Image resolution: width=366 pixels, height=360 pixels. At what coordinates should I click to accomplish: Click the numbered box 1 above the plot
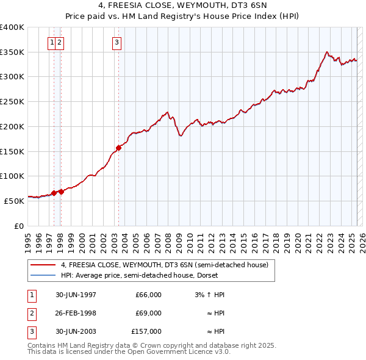(x=52, y=42)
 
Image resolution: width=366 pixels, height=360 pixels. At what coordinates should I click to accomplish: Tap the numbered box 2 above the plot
(x=60, y=42)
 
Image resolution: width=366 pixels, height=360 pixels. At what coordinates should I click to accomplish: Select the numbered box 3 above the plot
(x=116, y=42)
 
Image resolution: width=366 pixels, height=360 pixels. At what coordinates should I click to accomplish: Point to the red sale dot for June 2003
(x=118, y=147)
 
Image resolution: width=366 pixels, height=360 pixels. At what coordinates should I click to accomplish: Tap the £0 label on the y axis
(x=19, y=225)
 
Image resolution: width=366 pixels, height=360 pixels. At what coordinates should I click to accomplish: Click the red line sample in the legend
(x=43, y=265)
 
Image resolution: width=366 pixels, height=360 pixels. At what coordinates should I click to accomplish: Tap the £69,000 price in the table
(x=148, y=313)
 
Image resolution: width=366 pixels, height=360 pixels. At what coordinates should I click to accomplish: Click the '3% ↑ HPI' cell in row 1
(x=209, y=295)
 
